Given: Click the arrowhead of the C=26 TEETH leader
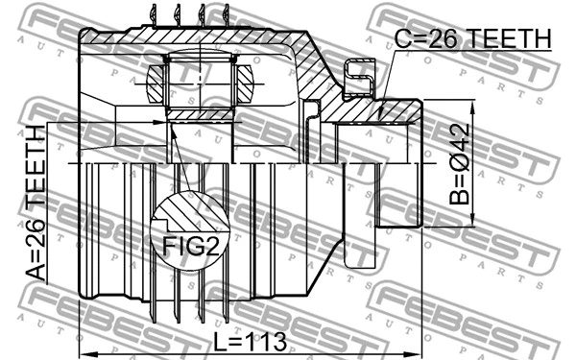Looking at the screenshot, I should point(381,116).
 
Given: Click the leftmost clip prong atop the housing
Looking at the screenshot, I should point(155,13).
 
